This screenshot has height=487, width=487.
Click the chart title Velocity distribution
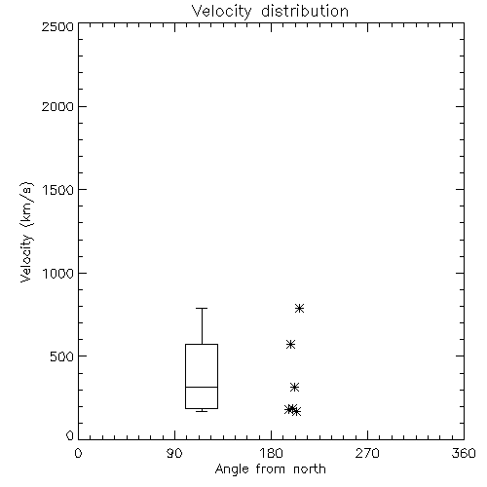(x=270, y=12)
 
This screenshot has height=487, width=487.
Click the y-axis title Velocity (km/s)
(x=25, y=232)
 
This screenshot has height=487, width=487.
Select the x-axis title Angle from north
(x=270, y=469)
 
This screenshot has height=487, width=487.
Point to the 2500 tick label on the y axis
(x=58, y=26)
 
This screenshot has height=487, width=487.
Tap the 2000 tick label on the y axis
(x=58, y=106)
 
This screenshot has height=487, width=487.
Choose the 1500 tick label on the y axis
(x=58, y=190)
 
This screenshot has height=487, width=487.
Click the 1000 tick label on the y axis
(x=58, y=273)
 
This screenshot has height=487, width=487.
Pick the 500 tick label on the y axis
(x=62, y=356)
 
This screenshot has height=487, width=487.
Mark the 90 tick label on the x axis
(x=174, y=453)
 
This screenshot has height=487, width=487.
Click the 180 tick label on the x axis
(x=271, y=453)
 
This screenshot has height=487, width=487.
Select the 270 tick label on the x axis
(x=367, y=453)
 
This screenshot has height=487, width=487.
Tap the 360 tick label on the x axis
(x=464, y=453)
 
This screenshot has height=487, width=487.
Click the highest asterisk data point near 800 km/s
(x=299, y=308)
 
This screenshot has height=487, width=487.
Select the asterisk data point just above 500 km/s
(x=290, y=344)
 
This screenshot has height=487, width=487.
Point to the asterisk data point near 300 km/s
(x=294, y=387)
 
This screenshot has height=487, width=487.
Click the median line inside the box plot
(x=202, y=387)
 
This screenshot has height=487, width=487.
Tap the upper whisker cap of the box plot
(x=202, y=308)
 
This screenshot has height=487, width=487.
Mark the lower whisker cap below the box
(x=202, y=411)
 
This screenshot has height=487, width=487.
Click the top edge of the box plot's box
(x=202, y=344)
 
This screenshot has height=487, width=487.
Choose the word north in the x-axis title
(x=310, y=469)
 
